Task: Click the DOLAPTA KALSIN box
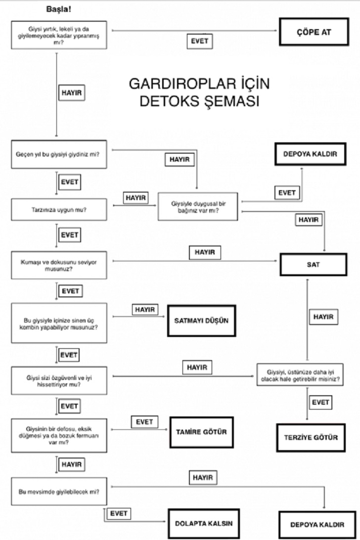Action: (203, 523)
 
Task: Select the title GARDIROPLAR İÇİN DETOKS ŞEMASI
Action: (199, 92)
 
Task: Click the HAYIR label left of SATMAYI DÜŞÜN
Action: (144, 310)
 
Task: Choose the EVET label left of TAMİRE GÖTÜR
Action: (145, 422)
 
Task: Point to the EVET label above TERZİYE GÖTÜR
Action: (320, 402)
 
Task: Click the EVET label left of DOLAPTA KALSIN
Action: (119, 513)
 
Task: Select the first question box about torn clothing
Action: (59, 34)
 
